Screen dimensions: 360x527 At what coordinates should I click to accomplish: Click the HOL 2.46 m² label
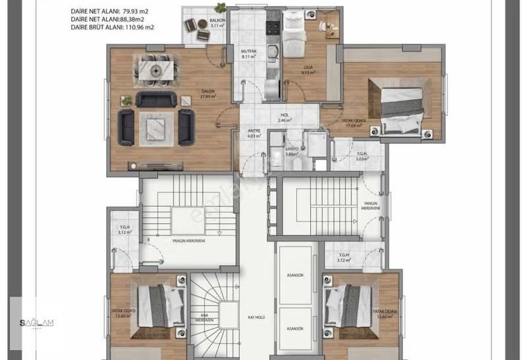(285, 118)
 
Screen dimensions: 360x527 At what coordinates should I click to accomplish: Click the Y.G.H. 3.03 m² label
(361, 157)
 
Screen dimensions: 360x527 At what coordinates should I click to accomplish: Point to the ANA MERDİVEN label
(204, 317)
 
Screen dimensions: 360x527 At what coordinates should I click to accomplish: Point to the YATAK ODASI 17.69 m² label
(355, 123)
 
